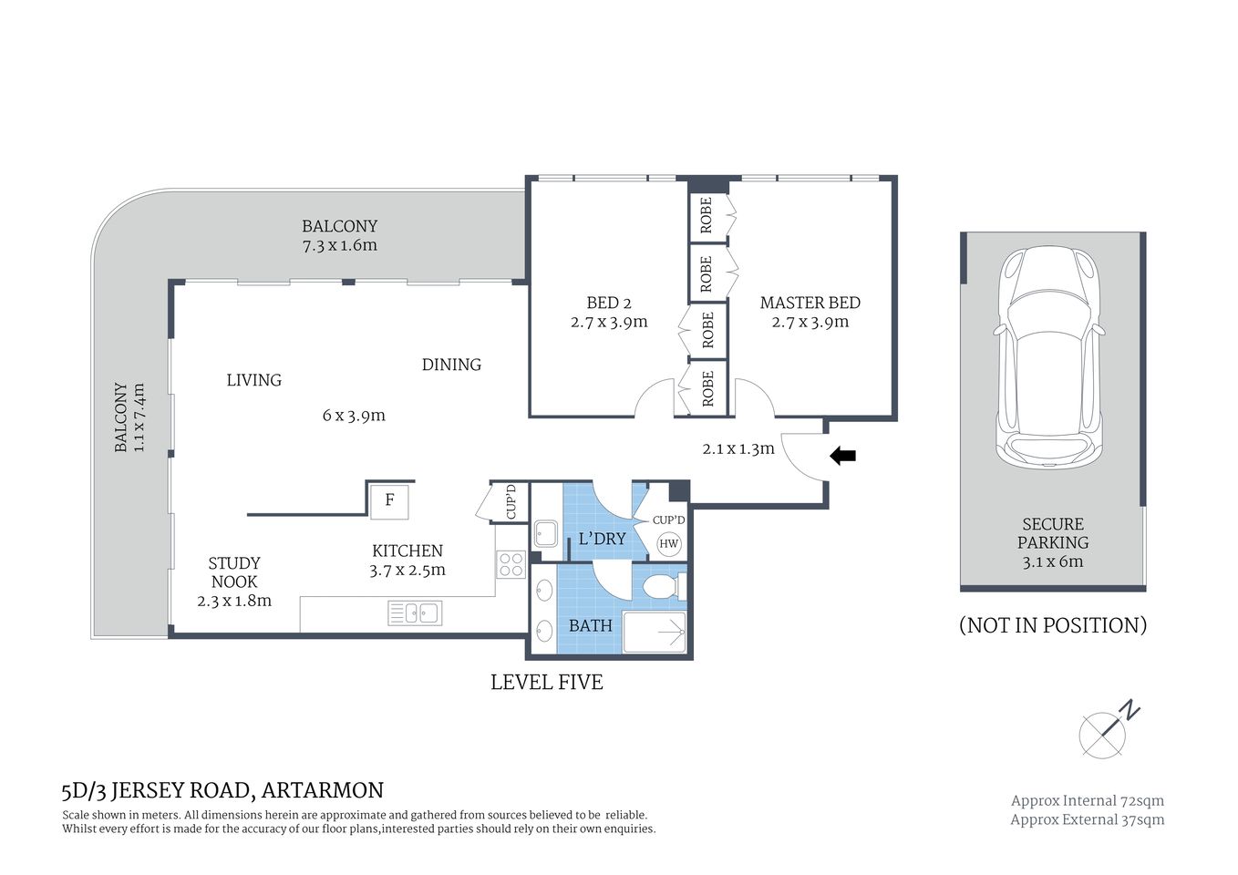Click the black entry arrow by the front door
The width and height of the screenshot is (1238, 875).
click(842, 456)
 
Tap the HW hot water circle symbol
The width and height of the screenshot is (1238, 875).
click(668, 544)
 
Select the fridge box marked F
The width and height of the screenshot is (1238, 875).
click(389, 500)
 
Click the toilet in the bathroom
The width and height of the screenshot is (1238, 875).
click(664, 586)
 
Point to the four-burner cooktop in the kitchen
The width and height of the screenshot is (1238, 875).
click(511, 564)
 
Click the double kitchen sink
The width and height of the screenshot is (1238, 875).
click(415, 613)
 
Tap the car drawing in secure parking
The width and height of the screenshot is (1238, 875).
click(1050, 357)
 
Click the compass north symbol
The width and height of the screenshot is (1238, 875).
click(1105, 732)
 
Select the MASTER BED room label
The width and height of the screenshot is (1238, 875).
click(810, 303)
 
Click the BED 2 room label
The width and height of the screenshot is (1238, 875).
click(609, 303)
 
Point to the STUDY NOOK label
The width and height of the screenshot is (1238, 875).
click(234, 572)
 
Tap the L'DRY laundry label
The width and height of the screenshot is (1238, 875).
click(602, 539)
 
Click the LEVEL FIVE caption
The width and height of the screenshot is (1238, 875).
click(546, 682)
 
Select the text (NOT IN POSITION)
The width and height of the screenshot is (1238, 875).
click(1052, 625)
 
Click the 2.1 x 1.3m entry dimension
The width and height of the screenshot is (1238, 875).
click(738, 448)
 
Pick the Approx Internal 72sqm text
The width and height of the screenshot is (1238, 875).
click(1087, 800)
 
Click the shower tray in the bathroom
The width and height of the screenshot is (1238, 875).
click(655, 632)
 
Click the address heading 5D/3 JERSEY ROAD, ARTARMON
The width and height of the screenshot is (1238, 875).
click(222, 790)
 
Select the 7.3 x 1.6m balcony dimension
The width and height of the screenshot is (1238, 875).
click(339, 245)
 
